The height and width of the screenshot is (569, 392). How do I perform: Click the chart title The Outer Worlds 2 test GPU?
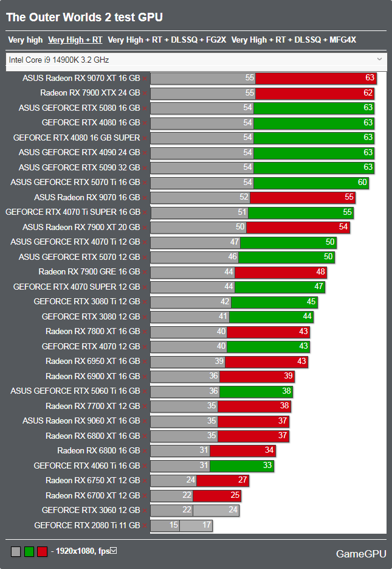point(84,18)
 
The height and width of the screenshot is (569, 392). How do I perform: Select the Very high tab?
point(26,40)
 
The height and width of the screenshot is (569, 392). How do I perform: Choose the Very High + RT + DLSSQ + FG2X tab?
point(167,40)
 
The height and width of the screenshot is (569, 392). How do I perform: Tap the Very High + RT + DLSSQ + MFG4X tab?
point(294,40)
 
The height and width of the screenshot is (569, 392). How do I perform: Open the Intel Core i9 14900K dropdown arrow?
point(379,59)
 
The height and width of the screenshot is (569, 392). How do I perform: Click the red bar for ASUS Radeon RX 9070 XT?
point(315,78)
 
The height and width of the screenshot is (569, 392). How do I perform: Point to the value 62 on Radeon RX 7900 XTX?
point(368,93)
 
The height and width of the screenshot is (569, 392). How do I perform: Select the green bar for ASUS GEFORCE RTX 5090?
point(313,167)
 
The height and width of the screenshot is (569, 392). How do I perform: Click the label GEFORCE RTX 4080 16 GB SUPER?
point(77,138)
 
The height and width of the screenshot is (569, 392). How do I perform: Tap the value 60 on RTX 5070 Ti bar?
point(362,182)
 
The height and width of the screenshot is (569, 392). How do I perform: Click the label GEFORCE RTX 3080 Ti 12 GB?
point(87,301)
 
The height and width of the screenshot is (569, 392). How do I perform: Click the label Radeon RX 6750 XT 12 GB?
point(92,480)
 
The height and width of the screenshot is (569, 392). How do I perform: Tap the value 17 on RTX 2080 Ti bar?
point(206,525)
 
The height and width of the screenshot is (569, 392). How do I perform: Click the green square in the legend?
point(29,551)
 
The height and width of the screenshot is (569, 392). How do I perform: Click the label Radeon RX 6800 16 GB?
point(98,450)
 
